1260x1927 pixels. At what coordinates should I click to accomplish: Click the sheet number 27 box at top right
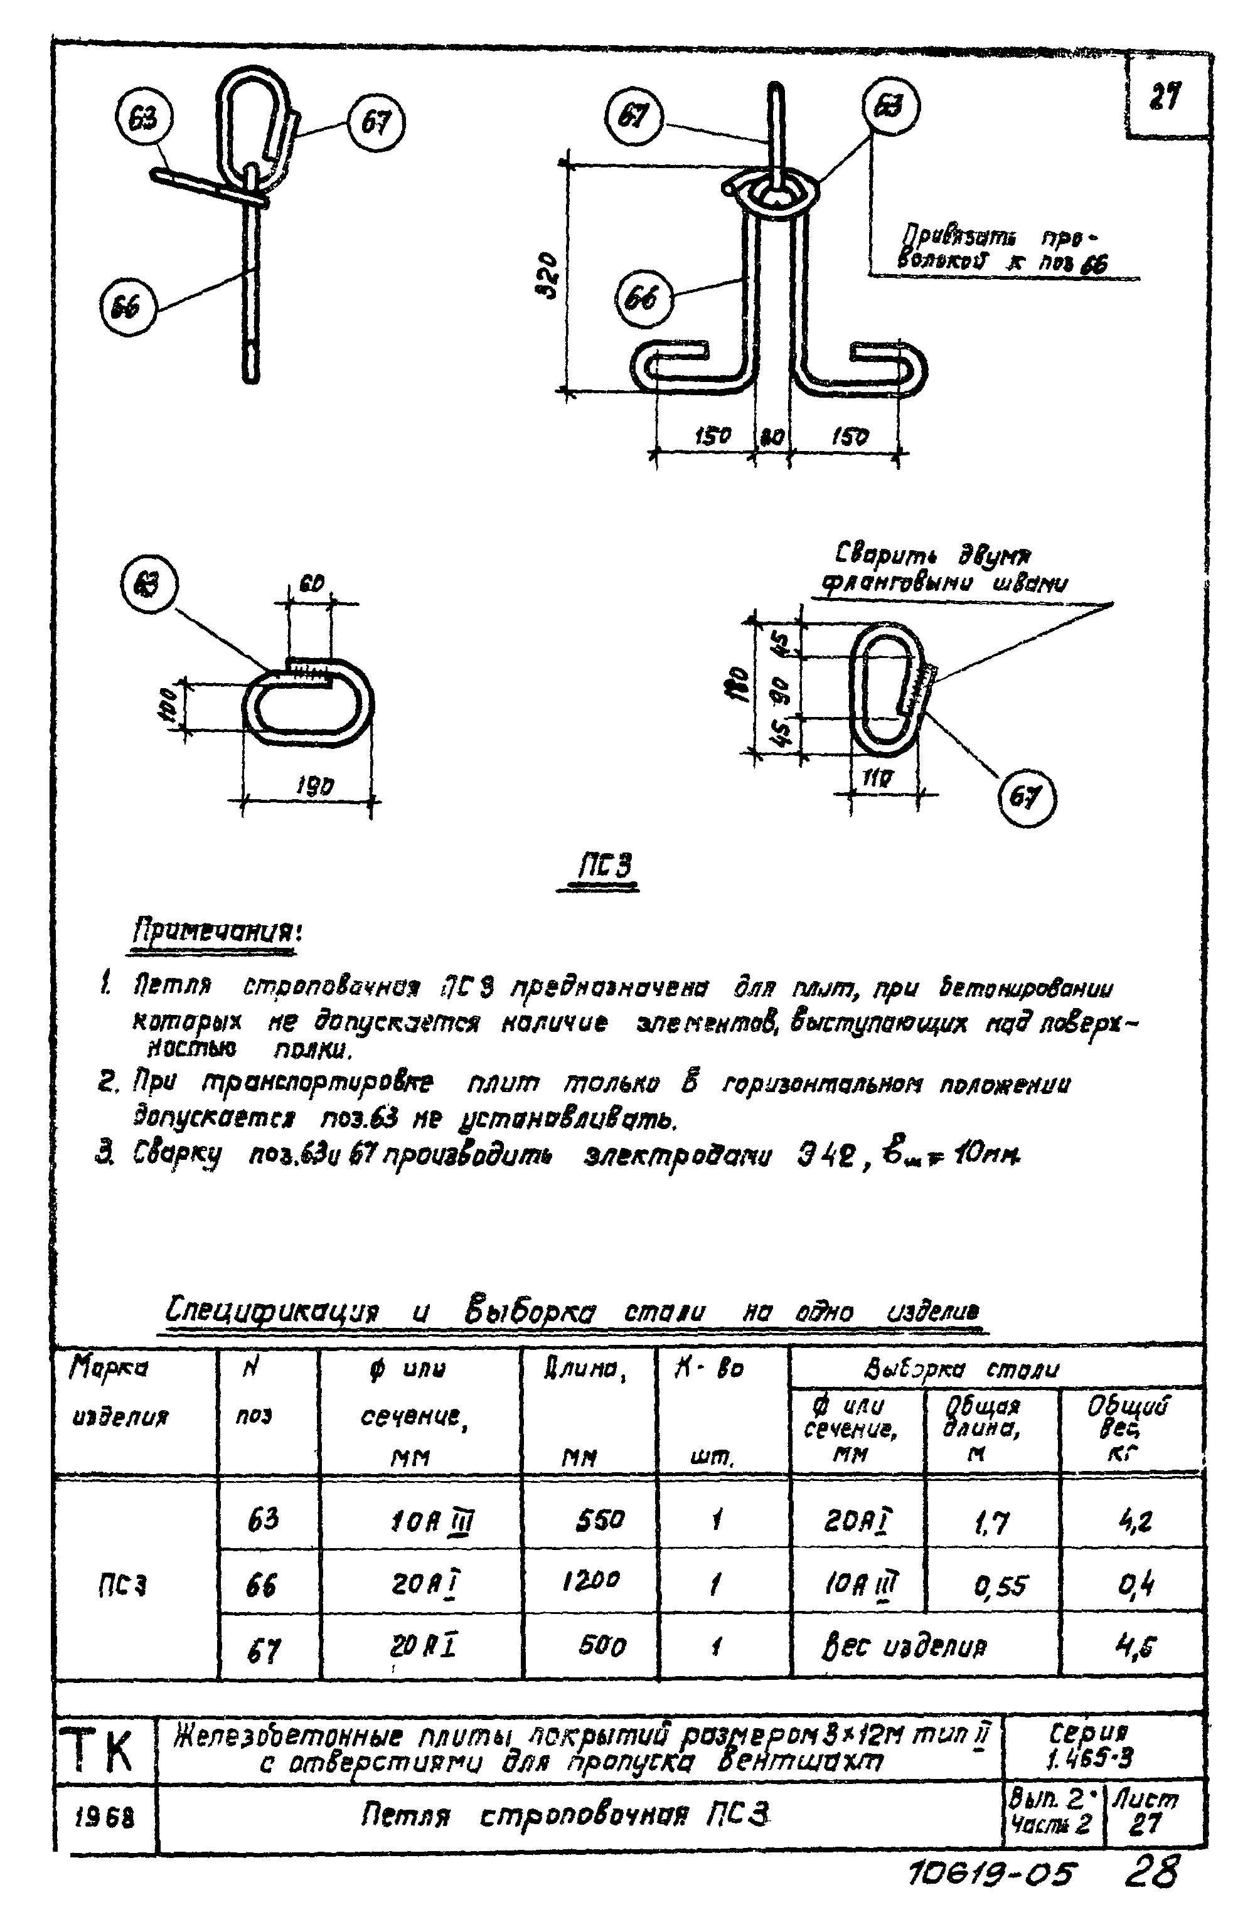click(1166, 98)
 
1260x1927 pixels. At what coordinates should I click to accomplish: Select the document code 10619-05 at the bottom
click(992, 1874)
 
